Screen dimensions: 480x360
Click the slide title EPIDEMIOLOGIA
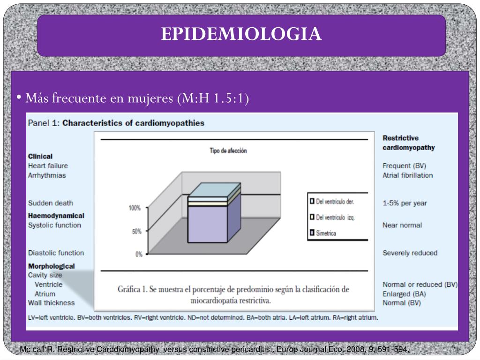click(241, 34)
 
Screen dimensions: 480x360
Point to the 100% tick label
click(135, 208)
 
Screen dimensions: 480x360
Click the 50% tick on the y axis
click(136, 232)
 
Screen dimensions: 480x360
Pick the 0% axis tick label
click(138, 255)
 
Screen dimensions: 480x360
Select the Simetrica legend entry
click(326, 233)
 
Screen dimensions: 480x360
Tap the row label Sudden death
click(51, 203)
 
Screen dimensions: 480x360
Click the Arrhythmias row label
click(47, 175)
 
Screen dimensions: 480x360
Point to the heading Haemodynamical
click(56, 216)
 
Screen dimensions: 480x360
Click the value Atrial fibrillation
click(407, 175)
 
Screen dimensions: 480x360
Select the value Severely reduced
click(410, 253)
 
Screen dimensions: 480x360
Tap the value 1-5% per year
click(405, 203)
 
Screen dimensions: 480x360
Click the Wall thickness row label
click(51, 303)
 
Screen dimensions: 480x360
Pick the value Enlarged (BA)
click(404, 294)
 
